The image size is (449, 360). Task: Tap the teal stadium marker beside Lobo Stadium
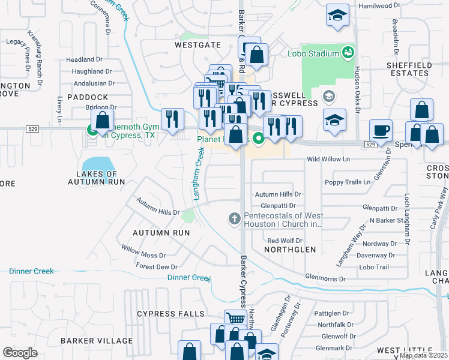348,53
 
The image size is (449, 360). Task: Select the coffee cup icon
381,130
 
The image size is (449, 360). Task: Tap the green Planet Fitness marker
259,139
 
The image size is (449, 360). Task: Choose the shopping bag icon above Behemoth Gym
102,119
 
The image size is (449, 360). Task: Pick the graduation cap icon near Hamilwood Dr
338,14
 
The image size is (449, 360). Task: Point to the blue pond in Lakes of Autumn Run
97,164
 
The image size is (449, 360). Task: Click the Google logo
20,352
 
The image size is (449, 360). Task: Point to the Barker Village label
97,340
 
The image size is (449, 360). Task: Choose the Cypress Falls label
166,314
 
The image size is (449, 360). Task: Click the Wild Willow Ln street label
328,159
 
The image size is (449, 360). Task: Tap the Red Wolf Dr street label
283,241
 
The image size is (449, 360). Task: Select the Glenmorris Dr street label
325,279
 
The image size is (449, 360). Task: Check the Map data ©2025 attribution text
424,355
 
